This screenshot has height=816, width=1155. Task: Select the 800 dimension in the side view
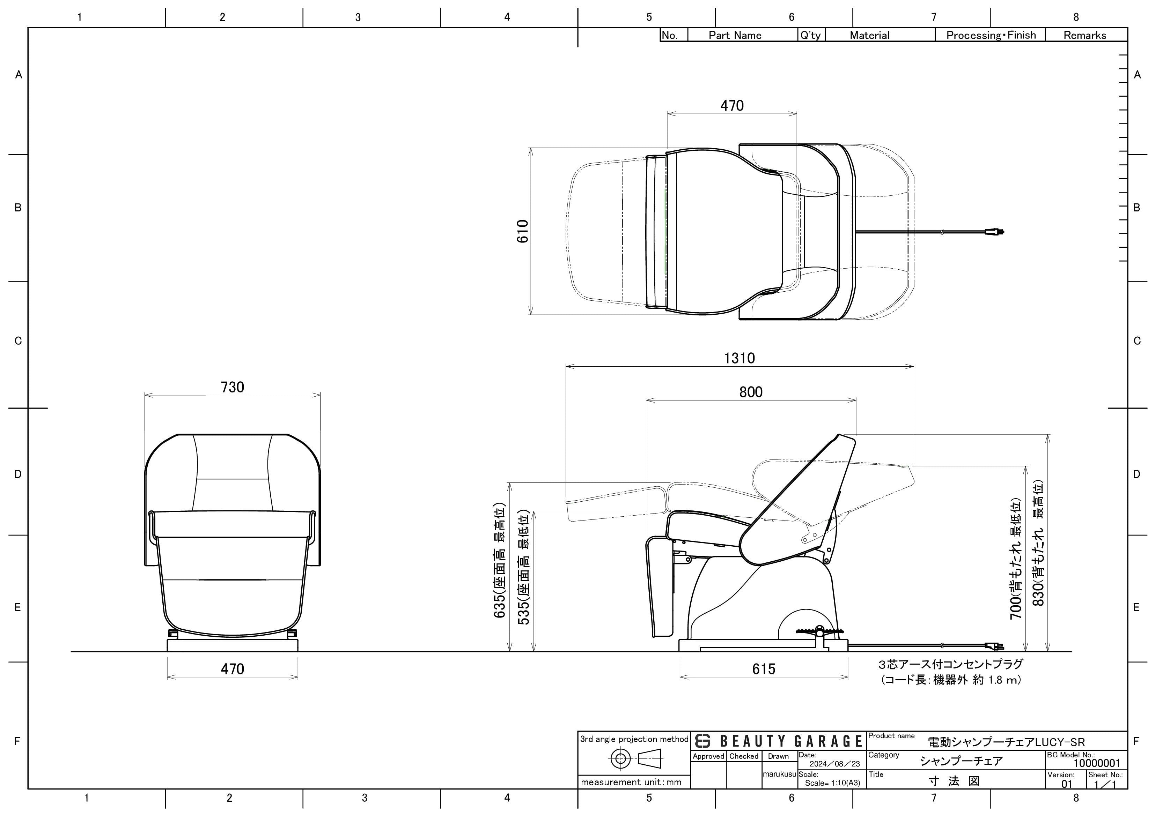tap(751, 392)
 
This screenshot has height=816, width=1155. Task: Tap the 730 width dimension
tap(233, 387)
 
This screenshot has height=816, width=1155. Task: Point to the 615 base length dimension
tap(764, 669)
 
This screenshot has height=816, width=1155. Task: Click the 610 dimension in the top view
tap(523, 231)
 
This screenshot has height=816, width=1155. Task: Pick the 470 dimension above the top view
tap(732, 106)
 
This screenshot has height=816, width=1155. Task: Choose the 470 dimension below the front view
tap(233, 669)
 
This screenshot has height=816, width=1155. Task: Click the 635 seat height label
tap(500, 560)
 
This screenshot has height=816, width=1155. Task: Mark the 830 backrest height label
tap(1038, 543)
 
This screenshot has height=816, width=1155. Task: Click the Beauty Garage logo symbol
tap(702, 741)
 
